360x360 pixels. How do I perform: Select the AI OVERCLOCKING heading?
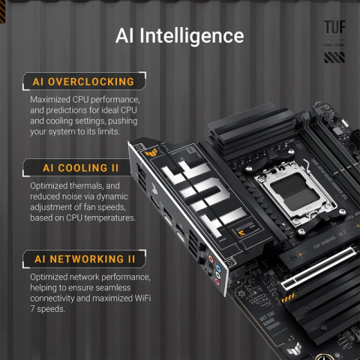(x=82, y=81)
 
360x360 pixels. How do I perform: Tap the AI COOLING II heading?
(x=72, y=167)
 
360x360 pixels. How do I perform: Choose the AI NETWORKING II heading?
(x=84, y=259)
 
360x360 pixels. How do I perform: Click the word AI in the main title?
(x=128, y=36)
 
